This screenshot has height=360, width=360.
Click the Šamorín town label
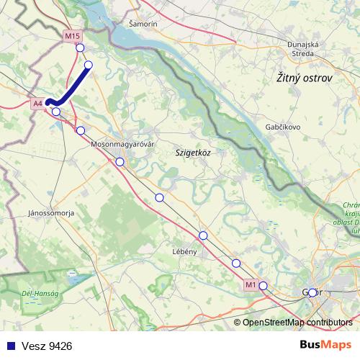(142, 24)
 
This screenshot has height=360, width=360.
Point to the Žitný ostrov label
(305, 78)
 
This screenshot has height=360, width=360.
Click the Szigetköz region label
(192, 153)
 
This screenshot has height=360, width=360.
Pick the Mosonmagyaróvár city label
(122, 144)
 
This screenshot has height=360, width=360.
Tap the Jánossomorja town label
(51, 213)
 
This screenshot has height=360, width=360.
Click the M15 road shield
(72, 35)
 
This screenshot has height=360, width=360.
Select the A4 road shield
(39, 104)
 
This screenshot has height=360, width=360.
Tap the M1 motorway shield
(250, 285)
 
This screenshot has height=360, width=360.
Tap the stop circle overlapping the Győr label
(312, 292)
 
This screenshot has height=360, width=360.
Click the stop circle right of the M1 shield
(264, 286)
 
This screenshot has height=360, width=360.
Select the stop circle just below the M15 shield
(80, 48)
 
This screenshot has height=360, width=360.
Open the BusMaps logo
(325, 346)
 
